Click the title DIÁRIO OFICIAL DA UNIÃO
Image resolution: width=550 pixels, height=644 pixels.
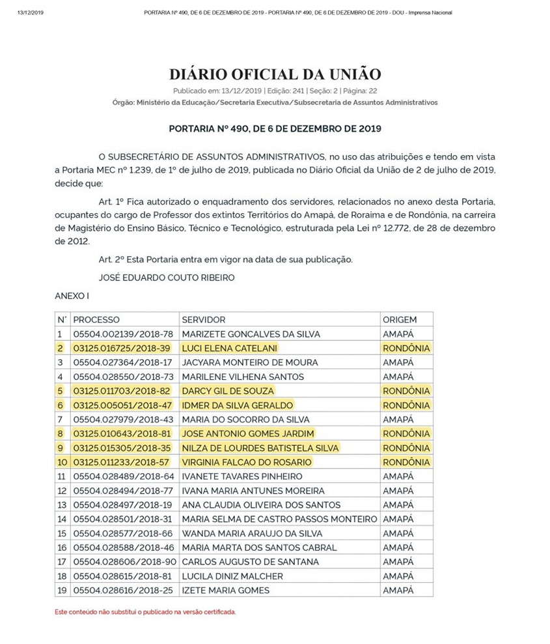275,74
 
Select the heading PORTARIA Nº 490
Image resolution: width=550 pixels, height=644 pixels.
275,128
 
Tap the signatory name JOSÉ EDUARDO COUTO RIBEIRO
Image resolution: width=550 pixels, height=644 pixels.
167,277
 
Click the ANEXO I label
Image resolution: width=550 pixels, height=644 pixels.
72,296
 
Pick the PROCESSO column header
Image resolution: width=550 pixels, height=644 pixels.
96,320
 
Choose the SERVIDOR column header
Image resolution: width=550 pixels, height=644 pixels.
204,320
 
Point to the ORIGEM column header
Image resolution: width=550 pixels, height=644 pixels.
400,320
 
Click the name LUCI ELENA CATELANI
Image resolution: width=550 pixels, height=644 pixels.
230,348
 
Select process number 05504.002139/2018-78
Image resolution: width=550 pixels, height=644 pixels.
123,334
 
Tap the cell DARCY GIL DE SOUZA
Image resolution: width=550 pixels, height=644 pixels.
228,391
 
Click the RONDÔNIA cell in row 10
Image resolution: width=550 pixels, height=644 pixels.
406,462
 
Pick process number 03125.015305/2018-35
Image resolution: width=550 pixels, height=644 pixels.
122,448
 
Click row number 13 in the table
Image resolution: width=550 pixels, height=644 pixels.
62,505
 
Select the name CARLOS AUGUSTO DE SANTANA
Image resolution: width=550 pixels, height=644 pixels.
241,562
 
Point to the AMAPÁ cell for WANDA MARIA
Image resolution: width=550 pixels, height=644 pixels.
398,533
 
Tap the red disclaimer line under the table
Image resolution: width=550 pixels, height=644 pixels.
145,612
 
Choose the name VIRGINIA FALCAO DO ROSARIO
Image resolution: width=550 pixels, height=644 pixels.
247,462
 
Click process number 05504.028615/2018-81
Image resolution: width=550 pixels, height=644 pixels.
123,576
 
